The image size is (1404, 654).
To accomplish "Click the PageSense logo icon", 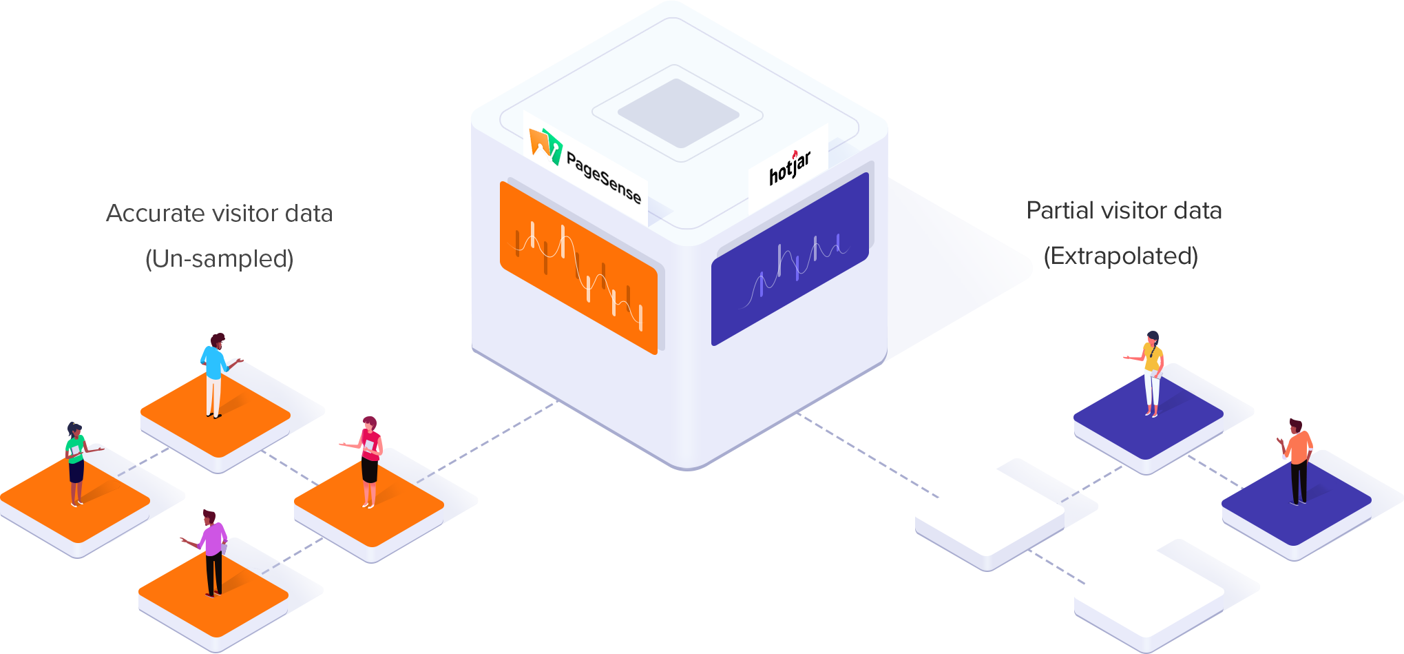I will (x=545, y=144).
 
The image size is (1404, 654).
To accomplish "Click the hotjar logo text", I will (x=790, y=168).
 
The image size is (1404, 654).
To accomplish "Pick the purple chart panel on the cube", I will (x=790, y=260).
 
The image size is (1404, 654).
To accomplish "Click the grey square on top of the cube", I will (x=678, y=113).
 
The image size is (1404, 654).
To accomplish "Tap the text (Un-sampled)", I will (x=220, y=259).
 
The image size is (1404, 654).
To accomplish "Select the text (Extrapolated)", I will (x=1121, y=256).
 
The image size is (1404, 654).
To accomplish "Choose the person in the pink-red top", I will (x=370, y=458).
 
